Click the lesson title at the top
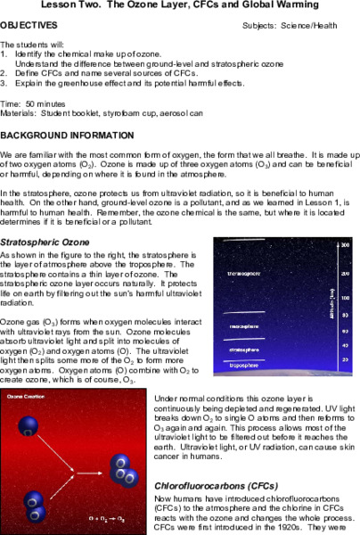point(180,7)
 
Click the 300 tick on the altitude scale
point(344,244)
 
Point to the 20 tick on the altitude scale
point(344,358)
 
